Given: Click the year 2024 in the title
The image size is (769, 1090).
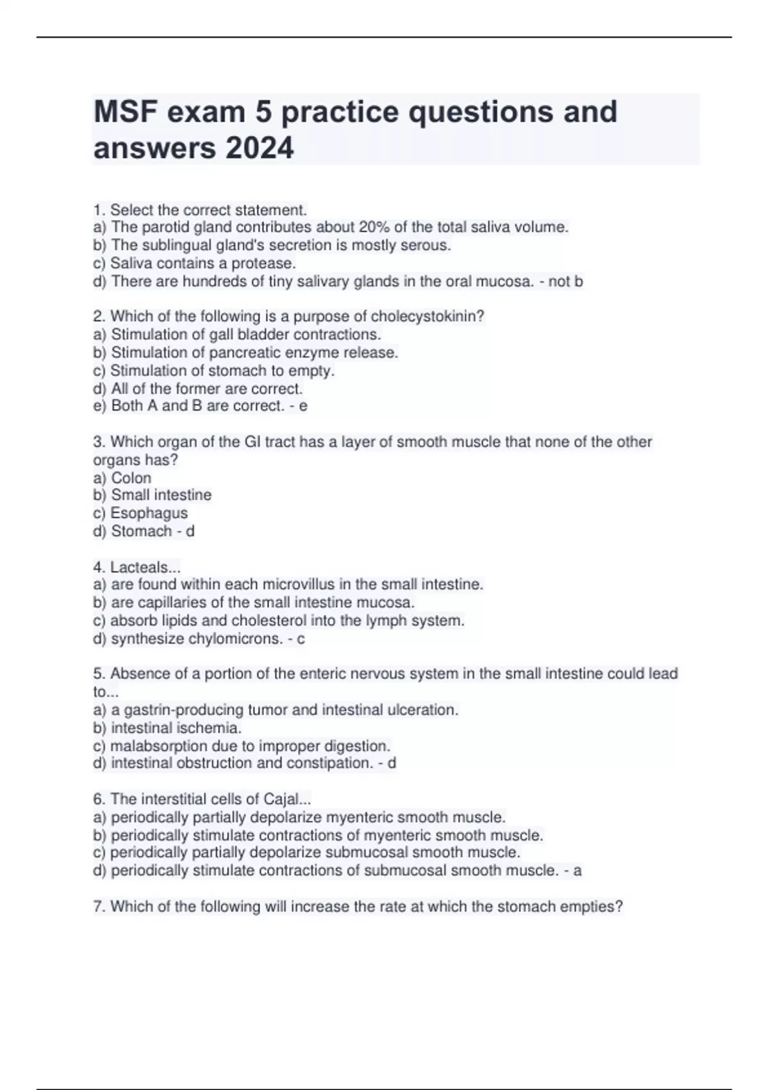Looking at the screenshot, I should (x=260, y=148).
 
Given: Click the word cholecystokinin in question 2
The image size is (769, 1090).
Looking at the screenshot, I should (x=427, y=316).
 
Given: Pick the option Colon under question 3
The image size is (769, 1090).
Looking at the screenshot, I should (x=131, y=478).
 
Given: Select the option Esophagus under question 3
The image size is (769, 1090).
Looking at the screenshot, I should (x=149, y=513).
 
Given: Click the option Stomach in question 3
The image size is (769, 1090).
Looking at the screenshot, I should (x=141, y=531).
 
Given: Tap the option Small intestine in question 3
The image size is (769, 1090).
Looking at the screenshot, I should (x=161, y=495).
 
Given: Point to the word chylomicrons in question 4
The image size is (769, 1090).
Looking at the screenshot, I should (x=235, y=639).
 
